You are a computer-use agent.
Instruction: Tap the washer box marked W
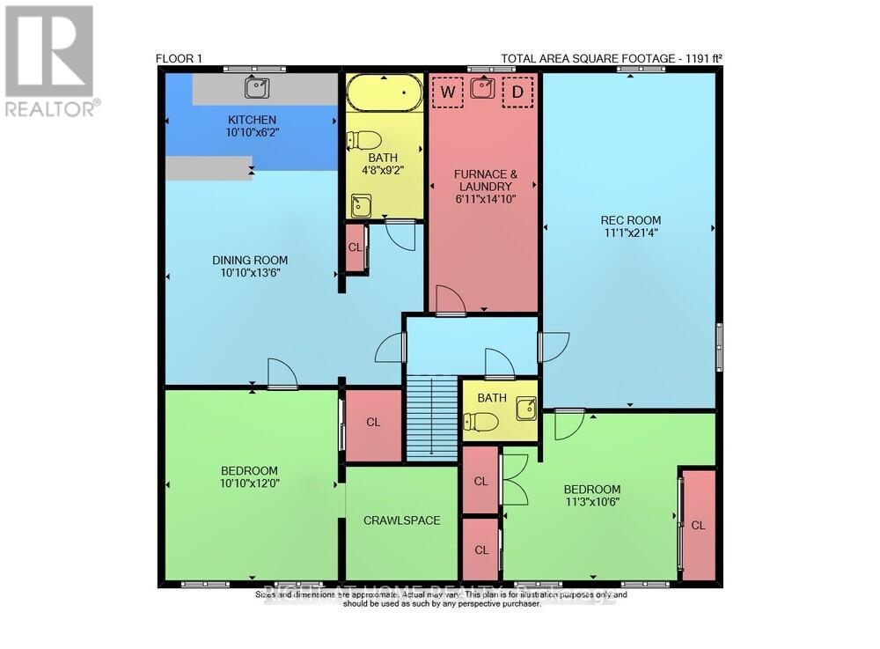[x=448, y=92]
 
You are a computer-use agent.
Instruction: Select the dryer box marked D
[x=517, y=92]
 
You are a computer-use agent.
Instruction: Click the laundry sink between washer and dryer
[x=482, y=88]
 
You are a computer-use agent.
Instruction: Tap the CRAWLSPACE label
[x=401, y=520]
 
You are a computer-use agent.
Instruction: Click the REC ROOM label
[x=630, y=220]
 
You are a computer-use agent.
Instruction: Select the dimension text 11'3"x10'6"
[x=591, y=504]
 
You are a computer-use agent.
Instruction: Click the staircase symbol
[x=432, y=416]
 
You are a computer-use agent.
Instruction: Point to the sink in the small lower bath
[x=525, y=406]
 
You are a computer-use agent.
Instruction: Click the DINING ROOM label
[x=250, y=260]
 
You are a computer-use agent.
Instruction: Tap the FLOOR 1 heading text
[x=179, y=59]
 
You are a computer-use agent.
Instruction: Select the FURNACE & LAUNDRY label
[x=483, y=181]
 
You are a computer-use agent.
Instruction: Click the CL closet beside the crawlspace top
[x=373, y=423]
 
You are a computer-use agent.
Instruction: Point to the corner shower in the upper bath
[x=360, y=207]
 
